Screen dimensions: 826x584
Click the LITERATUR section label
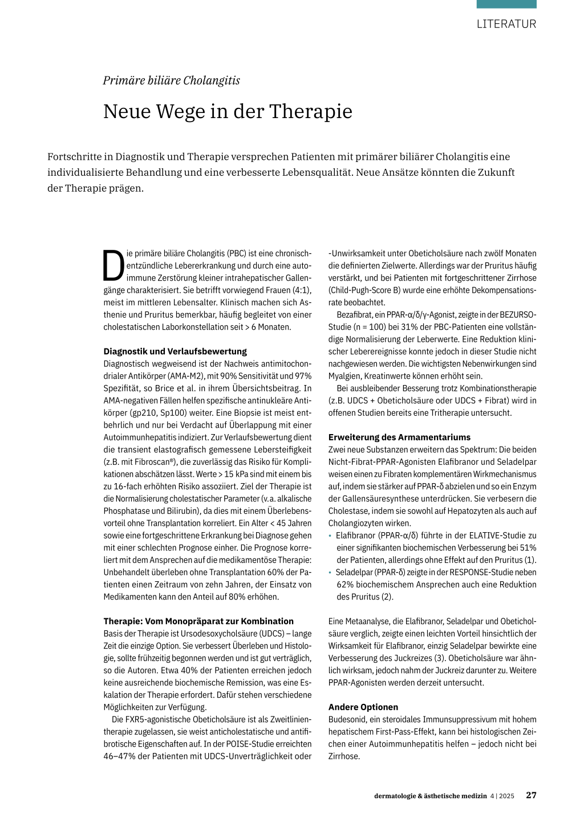click(x=506, y=24)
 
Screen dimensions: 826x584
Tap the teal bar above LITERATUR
click(x=506, y=4)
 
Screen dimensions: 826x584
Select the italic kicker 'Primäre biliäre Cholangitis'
click(x=171, y=80)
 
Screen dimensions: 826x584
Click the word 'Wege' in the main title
click(x=180, y=111)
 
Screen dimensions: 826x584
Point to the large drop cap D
click(x=113, y=266)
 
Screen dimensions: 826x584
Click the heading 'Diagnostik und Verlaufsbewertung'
click(x=175, y=351)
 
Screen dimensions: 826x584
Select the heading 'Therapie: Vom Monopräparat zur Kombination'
click(x=198, y=621)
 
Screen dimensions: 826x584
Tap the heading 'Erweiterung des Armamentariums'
click(x=399, y=437)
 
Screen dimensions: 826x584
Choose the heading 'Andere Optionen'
click(x=363, y=707)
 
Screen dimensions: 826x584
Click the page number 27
click(x=531, y=795)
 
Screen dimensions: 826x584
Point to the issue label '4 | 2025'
click(x=502, y=796)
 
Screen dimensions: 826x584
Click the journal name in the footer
click(x=431, y=796)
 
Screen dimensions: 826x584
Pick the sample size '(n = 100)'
click(x=373, y=327)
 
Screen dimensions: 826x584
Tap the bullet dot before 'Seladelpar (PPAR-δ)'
click(x=330, y=572)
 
